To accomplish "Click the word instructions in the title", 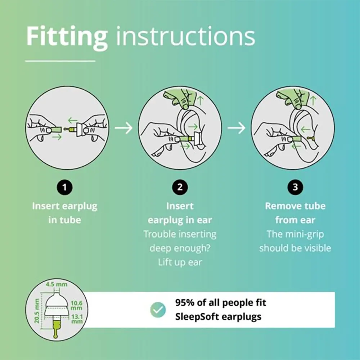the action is click(185, 36).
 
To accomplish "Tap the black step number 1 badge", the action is click(65, 187).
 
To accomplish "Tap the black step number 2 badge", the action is click(180, 187).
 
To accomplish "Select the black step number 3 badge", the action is click(295, 187).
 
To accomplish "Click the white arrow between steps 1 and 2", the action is click(124, 128).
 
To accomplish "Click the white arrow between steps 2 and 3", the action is click(237, 128).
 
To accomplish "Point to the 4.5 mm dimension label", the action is click(57, 284).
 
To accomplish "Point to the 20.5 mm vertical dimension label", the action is click(36, 311).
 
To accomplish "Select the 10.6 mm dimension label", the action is click(76, 305).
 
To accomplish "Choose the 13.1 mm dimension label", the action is click(77, 319).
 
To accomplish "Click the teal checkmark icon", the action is click(158, 310).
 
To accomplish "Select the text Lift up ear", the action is click(180, 262).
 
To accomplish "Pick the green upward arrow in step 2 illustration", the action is click(201, 100).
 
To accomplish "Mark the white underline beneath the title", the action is click(60, 61).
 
